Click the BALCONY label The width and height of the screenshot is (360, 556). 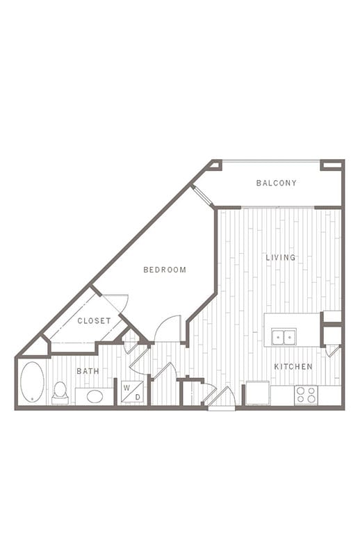[277, 183]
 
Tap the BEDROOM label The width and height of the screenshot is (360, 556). [165, 270]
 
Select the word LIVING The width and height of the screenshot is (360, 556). [281, 257]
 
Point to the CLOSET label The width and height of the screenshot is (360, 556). [94, 321]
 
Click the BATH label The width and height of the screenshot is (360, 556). [88, 371]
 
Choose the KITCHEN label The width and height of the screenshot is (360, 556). [293, 367]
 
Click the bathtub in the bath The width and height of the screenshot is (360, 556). [32, 382]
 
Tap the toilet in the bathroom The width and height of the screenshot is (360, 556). [60, 393]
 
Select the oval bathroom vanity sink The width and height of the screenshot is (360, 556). [95, 396]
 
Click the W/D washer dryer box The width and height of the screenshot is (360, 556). [132, 392]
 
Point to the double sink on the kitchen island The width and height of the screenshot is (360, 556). [284, 336]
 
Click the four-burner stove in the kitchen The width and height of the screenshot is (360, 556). [306, 395]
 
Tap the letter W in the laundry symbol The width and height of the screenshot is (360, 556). [126, 388]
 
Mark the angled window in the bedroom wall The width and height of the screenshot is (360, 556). [202, 195]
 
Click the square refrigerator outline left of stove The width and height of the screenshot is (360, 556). [258, 393]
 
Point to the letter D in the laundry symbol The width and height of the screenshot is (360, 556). [138, 398]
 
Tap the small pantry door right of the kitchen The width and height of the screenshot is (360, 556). [333, 352]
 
